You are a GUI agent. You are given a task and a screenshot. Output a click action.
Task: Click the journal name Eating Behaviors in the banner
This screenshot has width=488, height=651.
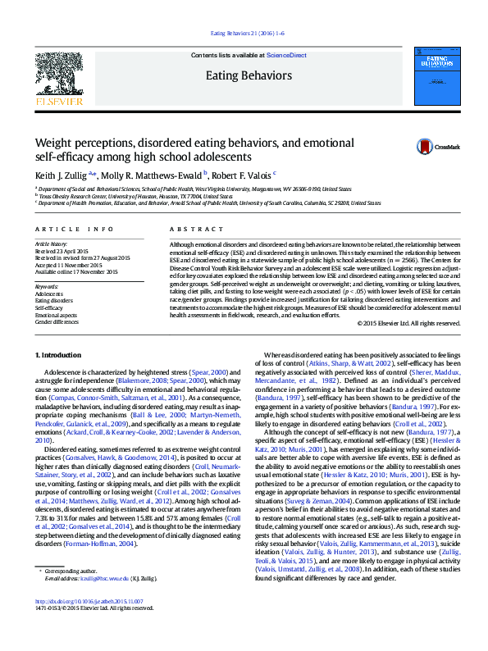pos(248,76)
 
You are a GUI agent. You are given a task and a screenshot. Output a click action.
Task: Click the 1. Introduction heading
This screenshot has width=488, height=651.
pos(62,354)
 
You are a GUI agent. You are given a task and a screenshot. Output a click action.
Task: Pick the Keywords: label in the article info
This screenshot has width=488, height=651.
pos(47,285)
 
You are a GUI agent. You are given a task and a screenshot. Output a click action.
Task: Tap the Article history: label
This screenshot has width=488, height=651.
pos(52,244)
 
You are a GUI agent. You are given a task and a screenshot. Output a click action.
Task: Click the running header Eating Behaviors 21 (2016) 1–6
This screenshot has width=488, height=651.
pos(244,33)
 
